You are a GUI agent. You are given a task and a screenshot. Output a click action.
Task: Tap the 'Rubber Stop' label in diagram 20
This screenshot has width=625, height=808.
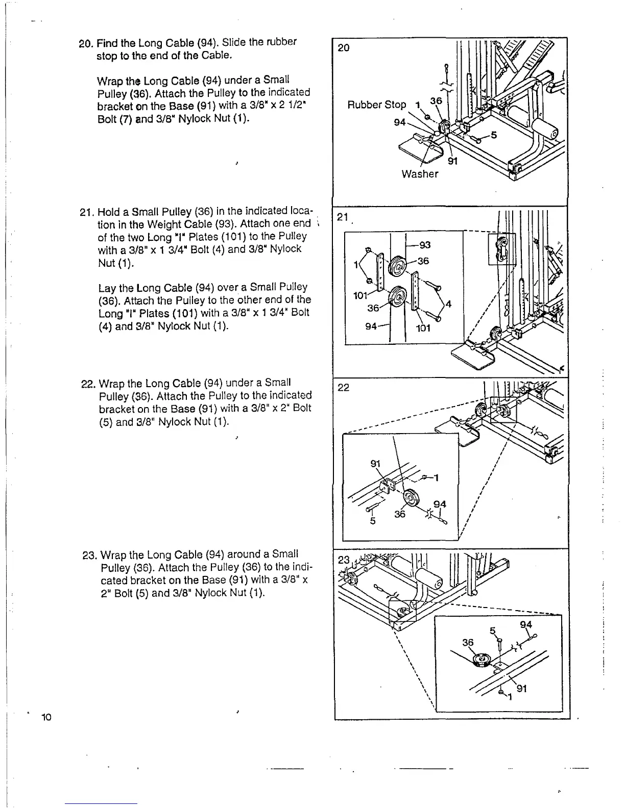(376, 105)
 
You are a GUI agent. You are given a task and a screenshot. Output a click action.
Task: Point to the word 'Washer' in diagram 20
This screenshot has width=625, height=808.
(420, 174)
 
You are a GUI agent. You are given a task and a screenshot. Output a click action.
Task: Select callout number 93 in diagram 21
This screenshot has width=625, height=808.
(424, 245)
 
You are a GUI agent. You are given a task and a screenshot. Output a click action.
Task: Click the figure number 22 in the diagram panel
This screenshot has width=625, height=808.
(344, 388)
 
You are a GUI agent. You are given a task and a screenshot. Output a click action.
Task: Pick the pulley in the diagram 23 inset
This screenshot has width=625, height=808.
(480, 660)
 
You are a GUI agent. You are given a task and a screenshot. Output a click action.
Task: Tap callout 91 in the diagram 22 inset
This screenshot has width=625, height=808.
(375, 464)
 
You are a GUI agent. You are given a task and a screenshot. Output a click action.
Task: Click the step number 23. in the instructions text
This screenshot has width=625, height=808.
(90, 554)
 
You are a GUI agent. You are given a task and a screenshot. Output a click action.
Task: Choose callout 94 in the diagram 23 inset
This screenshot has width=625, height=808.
(525, 625)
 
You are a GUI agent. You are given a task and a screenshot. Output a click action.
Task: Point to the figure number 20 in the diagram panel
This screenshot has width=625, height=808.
(344, 48)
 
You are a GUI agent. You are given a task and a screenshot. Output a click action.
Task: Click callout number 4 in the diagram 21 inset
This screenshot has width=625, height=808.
(448, 305)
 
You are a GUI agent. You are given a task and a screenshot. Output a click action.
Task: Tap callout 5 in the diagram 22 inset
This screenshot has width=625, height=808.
(373, 521)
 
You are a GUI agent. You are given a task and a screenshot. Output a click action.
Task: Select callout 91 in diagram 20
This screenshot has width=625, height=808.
(452, 161)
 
